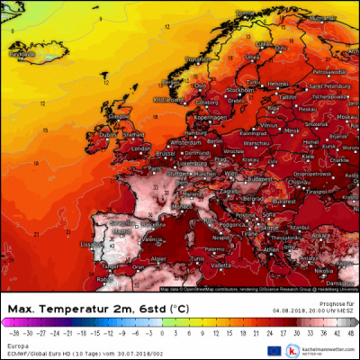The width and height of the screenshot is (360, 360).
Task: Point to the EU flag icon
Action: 274,349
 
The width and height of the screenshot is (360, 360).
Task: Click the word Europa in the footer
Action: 16,344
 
